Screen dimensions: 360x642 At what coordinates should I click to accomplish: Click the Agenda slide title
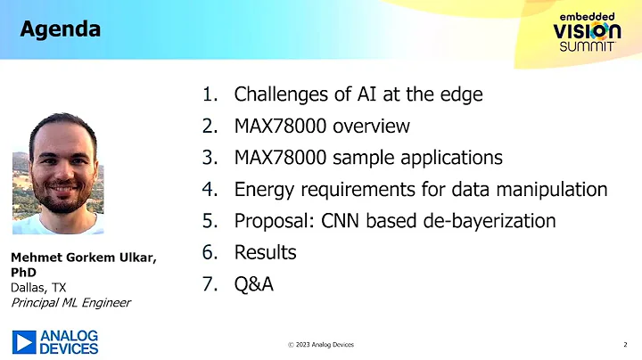coord(60,29)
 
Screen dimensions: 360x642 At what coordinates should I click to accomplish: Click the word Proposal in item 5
coord(273,221)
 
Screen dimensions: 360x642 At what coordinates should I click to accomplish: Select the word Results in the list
coord(265,253)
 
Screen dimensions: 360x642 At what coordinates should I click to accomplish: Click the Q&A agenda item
coord(253,285)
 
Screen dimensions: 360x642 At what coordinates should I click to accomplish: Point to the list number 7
coord(210,285)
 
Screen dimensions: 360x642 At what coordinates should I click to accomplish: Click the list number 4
coord(210,190)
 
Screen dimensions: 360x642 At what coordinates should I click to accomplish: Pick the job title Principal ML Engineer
coord(70,302)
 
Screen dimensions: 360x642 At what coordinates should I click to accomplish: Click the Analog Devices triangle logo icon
coord(24,341)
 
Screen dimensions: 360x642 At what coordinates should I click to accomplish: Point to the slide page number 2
coord(623,344)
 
